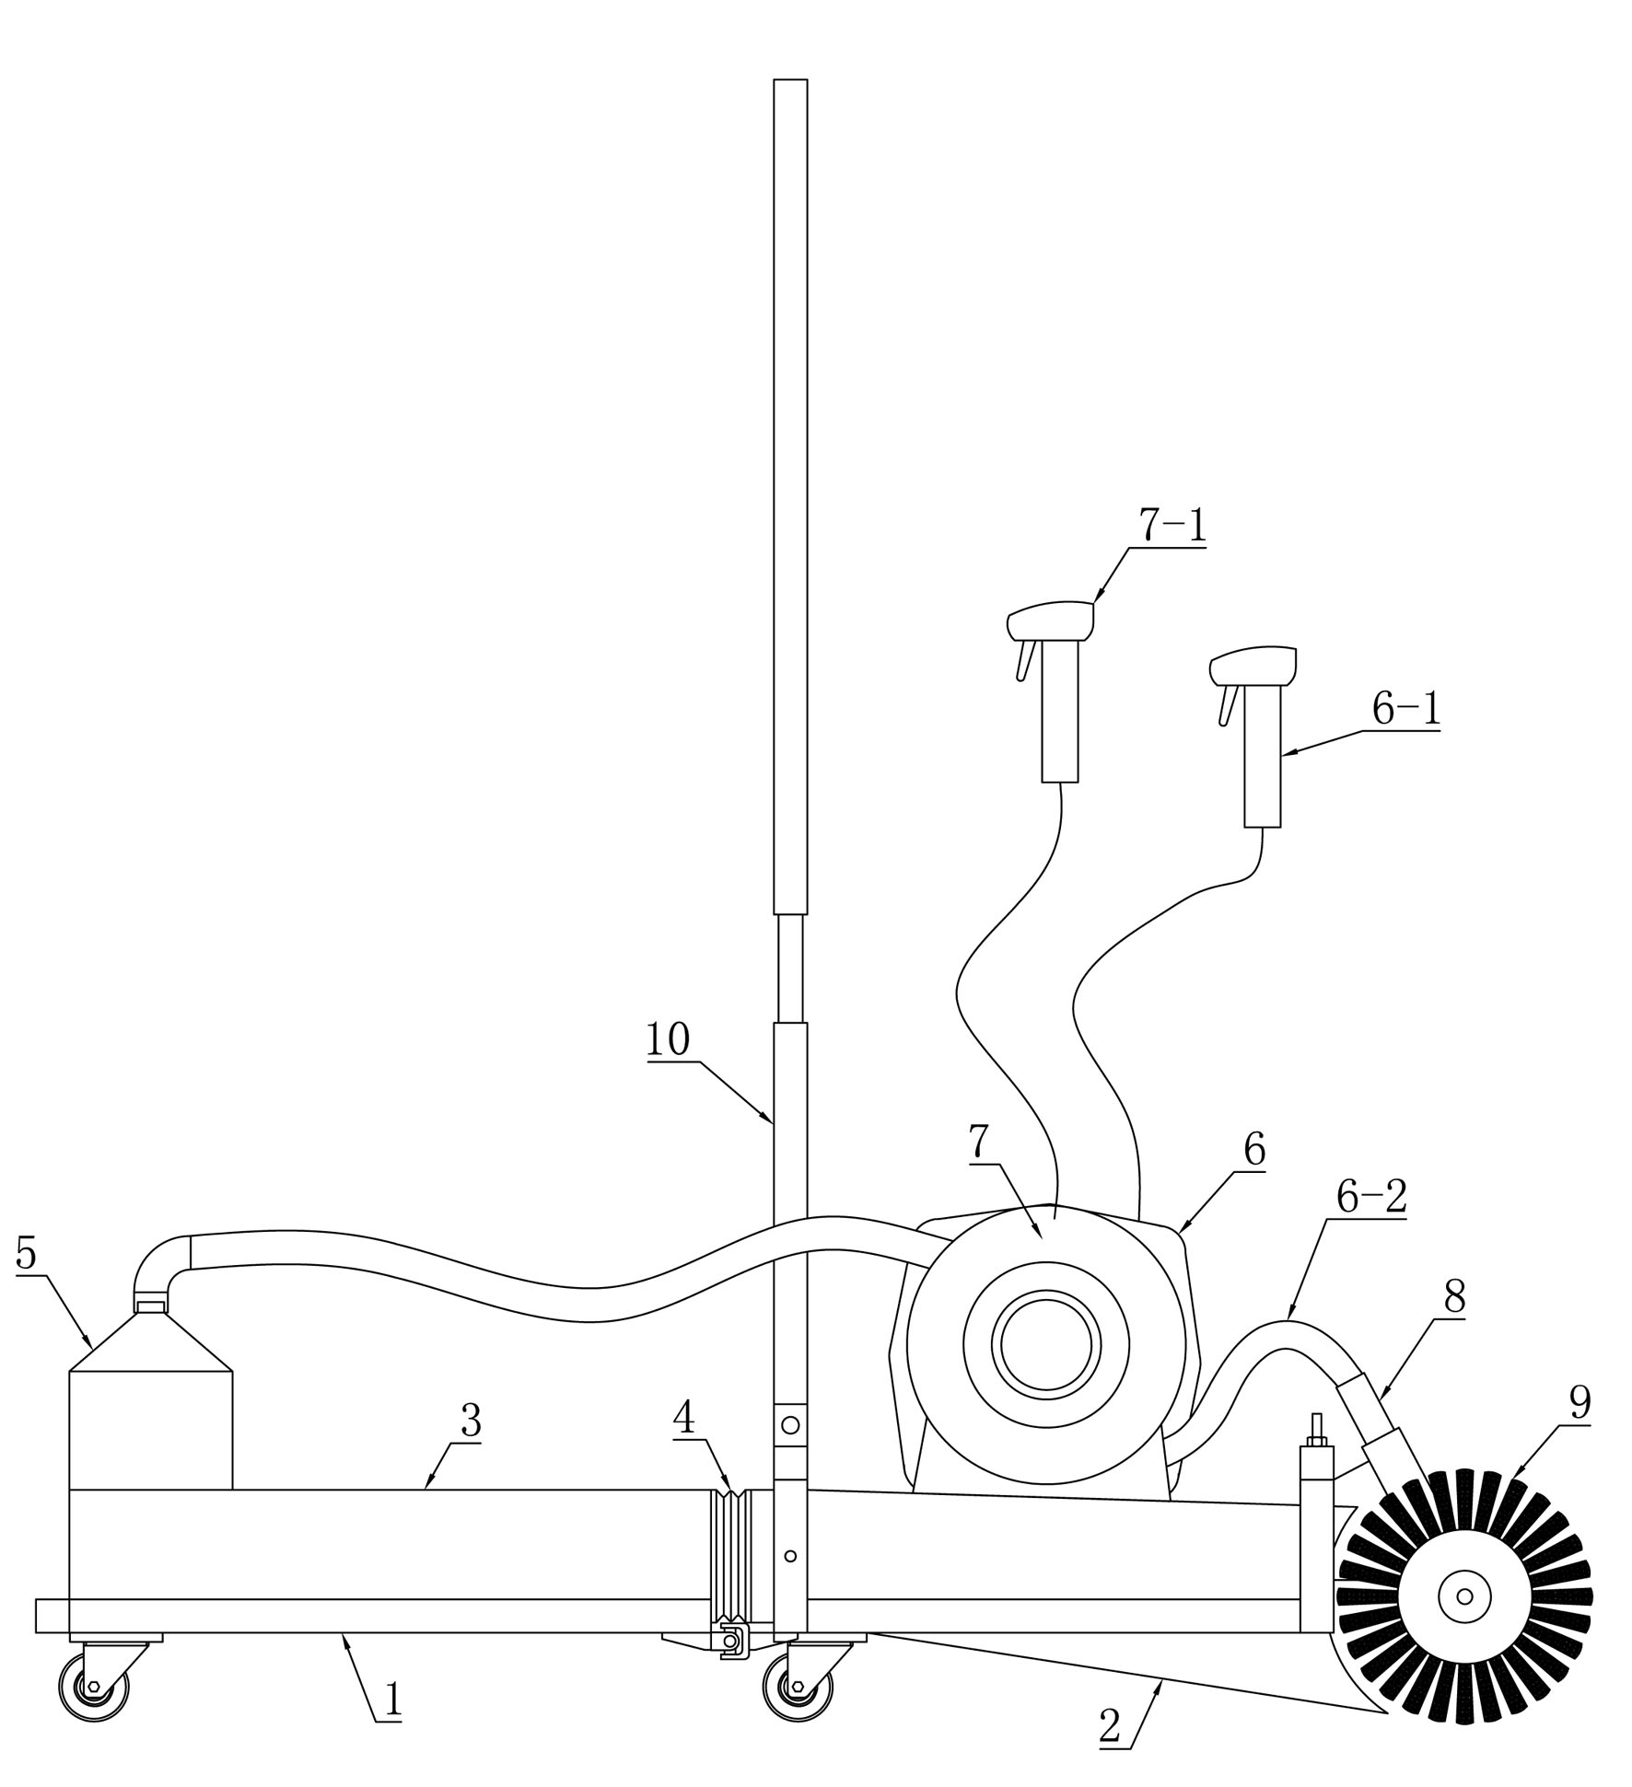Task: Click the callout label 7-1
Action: click(x=1172, y=526)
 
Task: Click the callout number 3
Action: click(x=471, y=1421)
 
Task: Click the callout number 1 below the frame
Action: click(x=393, y=1700)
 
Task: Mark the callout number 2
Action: click(x=1111, y=1727)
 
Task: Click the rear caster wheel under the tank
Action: click(x=94, y=1686)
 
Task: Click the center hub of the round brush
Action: click(x=1464, y=1596)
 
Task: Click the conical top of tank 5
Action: click(x=151, y=1340)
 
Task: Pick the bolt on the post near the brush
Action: click(x=1316, y=1431)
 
